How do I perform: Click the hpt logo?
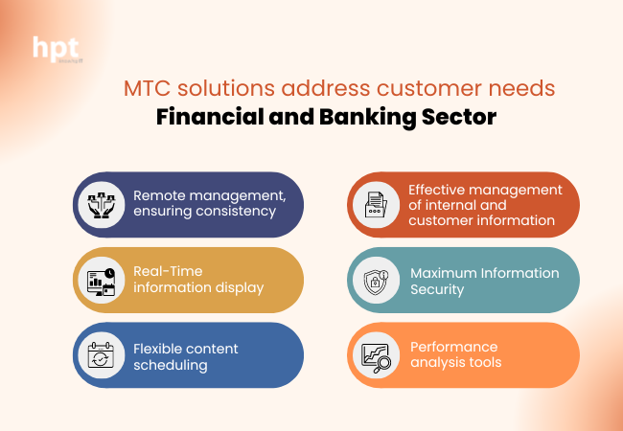57,49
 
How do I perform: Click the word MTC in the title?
144,90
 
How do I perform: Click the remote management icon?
101,204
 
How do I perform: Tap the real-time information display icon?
101,279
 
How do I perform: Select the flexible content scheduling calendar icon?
101,354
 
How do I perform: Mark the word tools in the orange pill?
484,362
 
